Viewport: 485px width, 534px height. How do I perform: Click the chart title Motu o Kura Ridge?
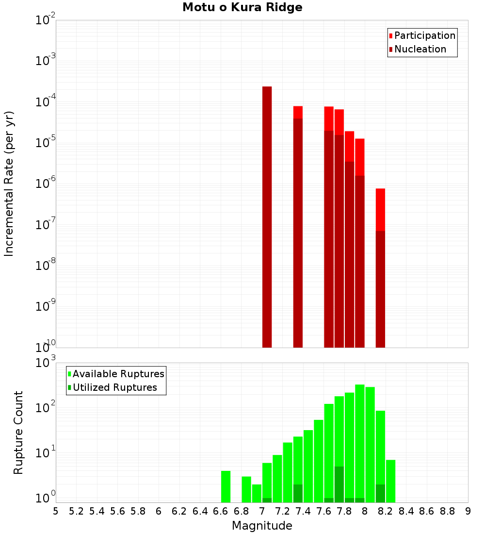pos(242,8)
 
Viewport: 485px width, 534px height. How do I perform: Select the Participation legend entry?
pos(422,35)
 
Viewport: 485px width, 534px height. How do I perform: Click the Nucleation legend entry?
pos(417,49)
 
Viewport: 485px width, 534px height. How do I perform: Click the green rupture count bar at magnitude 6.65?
pos(226,486)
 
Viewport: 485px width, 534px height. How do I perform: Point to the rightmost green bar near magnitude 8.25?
pos(390,481)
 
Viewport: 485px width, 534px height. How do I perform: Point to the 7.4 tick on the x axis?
pos(303,511)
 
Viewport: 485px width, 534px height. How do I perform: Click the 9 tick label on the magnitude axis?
pos(468,511)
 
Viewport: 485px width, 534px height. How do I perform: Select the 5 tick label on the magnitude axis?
pos(56,511)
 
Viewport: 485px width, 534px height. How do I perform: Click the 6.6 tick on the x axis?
pos(221,511)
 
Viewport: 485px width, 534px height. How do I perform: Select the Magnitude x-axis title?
pos(262,526)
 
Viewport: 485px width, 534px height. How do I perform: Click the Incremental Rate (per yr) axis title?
pos(9,184)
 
